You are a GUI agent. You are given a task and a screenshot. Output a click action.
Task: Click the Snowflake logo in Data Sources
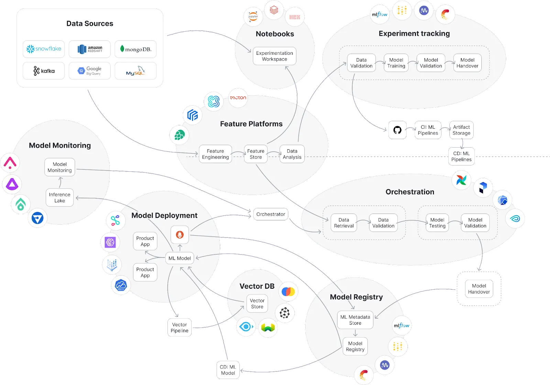point(44,49)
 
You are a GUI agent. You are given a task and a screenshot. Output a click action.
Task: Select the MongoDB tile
point(135,49)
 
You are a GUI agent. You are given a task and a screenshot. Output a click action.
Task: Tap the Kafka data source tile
point(44,71)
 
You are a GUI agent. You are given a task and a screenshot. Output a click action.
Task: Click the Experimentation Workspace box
point(274,56)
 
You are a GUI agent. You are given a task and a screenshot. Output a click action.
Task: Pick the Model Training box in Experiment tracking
point(396,63)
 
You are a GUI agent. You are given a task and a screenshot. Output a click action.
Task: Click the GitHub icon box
point(397,130)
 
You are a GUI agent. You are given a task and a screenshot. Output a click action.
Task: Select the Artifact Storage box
point(461,130)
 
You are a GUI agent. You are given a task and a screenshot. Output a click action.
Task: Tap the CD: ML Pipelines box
point(461,157)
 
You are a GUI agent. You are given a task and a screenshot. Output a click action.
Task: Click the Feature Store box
point(256,154)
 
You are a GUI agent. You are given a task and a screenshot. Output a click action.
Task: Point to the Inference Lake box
point(59,197)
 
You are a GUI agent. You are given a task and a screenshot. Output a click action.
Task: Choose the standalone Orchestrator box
point(271,214)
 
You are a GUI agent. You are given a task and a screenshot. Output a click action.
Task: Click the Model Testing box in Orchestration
point(437,223)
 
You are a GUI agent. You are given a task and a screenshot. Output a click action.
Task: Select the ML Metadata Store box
point(355,320)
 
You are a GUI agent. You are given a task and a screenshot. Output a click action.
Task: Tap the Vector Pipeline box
point(179,328)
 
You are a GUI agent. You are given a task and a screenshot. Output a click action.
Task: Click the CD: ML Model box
point(228,370)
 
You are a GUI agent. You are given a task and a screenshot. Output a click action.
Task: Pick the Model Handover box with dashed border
point(479,289)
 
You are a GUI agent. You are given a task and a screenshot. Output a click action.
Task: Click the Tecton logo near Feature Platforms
point(238,98)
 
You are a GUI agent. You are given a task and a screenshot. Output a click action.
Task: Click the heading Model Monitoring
point(60,146)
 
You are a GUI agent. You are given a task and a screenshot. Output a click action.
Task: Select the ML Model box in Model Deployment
point(179,258)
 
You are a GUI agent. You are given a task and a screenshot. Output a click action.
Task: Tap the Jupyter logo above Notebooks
point(253,17)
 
